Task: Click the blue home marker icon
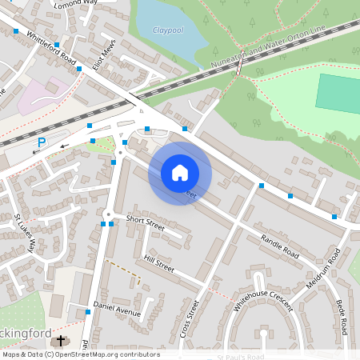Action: tap(180, 172)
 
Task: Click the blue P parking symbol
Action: tap(42, 142)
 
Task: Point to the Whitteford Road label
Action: tap(50, 50)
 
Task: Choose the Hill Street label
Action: tap(158, 263)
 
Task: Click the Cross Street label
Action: tap(189, 318)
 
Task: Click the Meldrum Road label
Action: tap(323, 269)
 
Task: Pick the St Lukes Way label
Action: tap(25, 233)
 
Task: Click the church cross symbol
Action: tap(59, 342)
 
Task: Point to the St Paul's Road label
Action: tap(241, 357)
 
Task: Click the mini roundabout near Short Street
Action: tap(107, 214)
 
